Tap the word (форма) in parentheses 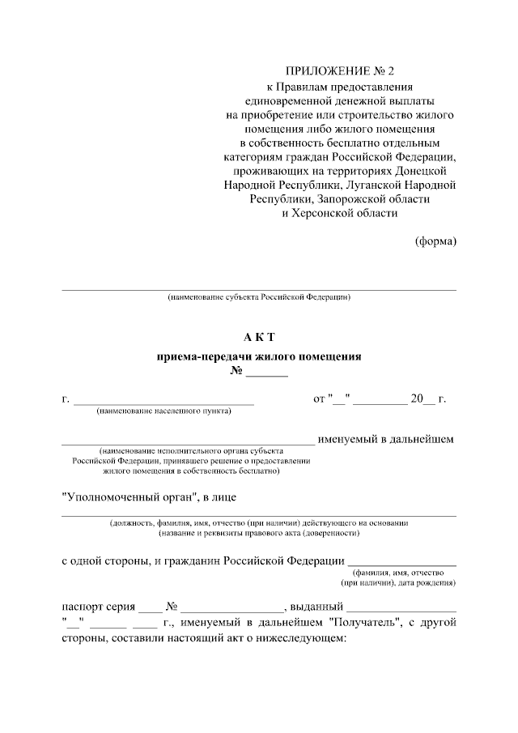435,241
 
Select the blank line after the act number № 267,375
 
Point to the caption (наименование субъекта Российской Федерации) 259,298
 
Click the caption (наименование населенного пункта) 164,411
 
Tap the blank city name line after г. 164,400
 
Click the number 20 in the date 417,398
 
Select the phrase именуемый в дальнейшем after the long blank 385,439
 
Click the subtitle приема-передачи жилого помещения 259,356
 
